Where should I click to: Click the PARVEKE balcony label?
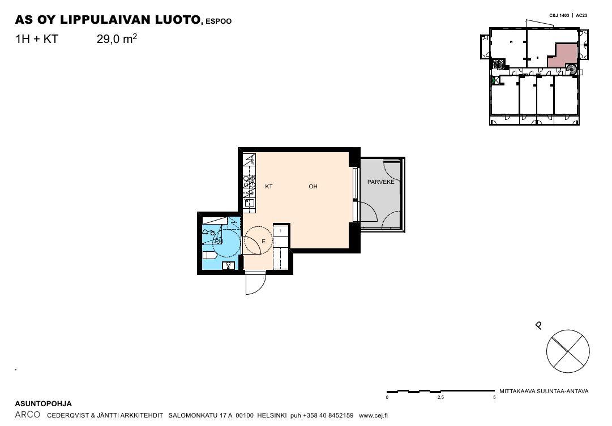pyautogui.click(x=380, y=182)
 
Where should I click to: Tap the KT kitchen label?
pyautogui.click(x=268, y=187)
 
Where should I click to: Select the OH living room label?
pyautogui.click(x=313, y=187)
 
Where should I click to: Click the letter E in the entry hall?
pyautogui.click(x=263, y=242)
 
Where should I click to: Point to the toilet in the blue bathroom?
pyautogui.click(x=209, y=256)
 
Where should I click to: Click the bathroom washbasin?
pyautogui.click(x=228, y=266)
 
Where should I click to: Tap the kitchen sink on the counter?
pyautogui.click(x=249, y=203)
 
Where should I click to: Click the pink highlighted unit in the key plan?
pyautogui.click(x=562, y=56)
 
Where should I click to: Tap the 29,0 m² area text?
pyautogui.click(x=117, y=39)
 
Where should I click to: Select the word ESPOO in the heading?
pyautogui.click(x=219, y=21)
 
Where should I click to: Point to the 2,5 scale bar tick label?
pyautogui.click(x=440, y=398)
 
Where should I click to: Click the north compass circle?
pyautogui.click(x=568, y=351)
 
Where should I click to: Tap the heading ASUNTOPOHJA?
pyautogui.click(x=44, y=404)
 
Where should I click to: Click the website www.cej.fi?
pyautogui.click(x=373, y=416)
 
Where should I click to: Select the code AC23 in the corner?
pyautogui.click(x=581, y=16)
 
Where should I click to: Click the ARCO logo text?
pyautogui.click(x=27, y=415)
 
